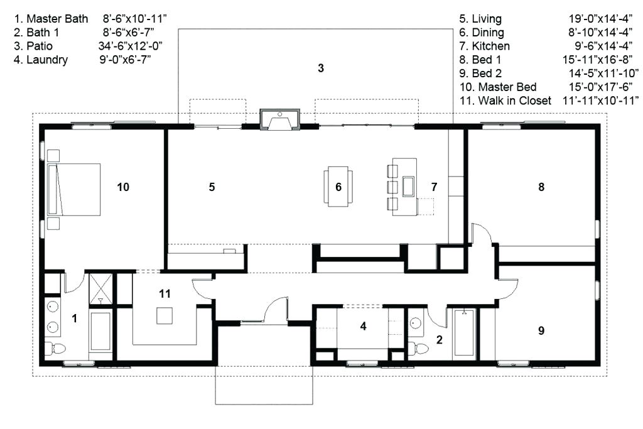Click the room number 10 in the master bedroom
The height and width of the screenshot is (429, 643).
pos(123,187)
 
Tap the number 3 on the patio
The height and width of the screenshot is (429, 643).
pos(321,68)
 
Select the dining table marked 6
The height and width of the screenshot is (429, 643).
pos(338,187)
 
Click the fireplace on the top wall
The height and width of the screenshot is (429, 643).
pos(280,120)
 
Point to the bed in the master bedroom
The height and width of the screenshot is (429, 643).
pos(74,190)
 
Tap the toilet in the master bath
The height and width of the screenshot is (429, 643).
pos(55,349)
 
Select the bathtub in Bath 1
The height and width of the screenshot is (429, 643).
pos(464,333)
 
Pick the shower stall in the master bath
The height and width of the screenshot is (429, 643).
pos(100,289)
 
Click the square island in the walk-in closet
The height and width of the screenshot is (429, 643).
pos(165,316)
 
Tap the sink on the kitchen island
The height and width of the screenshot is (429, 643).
pos(409,187)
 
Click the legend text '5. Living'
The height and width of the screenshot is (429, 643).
pos(480,19)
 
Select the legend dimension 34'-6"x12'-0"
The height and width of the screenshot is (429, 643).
pos(130,46)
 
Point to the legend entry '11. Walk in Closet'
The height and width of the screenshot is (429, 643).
pos(505,100)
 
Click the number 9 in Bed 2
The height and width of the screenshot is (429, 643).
pos(541,330)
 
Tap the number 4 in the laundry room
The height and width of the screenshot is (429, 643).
pos(364,326)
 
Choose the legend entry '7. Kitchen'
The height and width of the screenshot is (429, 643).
pos(484,46)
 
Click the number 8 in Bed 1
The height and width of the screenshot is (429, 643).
pos(541,187)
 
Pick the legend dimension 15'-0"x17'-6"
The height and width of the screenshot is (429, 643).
pos(600,87)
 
